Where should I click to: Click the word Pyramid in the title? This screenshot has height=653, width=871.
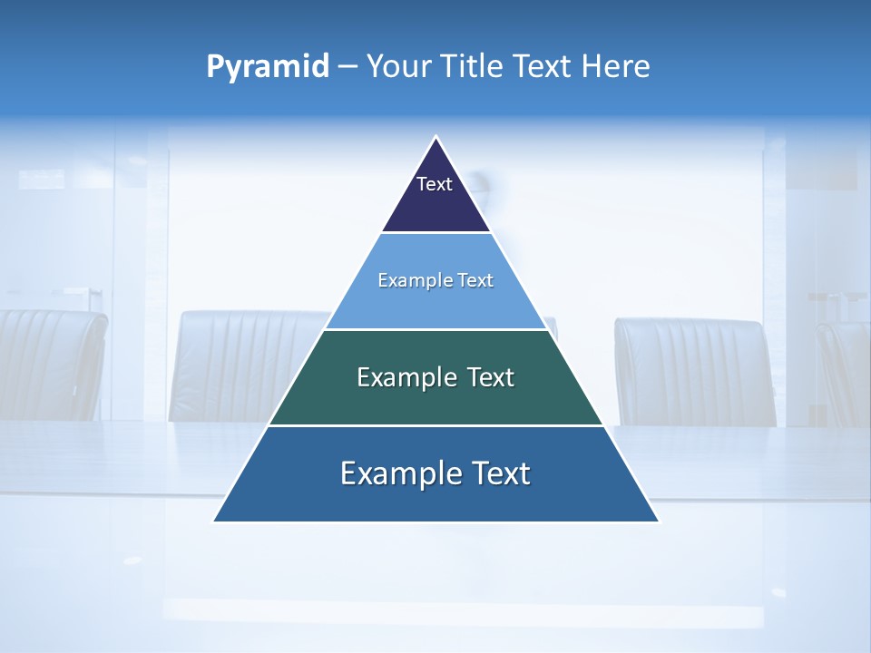pyautogui.click(x=268, y=67)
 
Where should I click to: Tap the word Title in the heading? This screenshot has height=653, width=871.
pyautogui.click(x=476, y=67)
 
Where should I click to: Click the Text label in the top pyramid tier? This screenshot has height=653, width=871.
pyautogui.click(x=435, y=184)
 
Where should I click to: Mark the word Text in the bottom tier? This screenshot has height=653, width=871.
pyautogui.click(x=496, y=473)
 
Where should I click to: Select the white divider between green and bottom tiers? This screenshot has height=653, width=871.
pyautogui.click(x=435, y=425)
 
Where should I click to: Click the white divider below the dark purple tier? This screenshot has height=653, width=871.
pyautogui.click(x=436, y=233)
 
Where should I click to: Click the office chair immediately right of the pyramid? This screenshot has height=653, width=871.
pyautogui.click(x=694, y=372)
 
